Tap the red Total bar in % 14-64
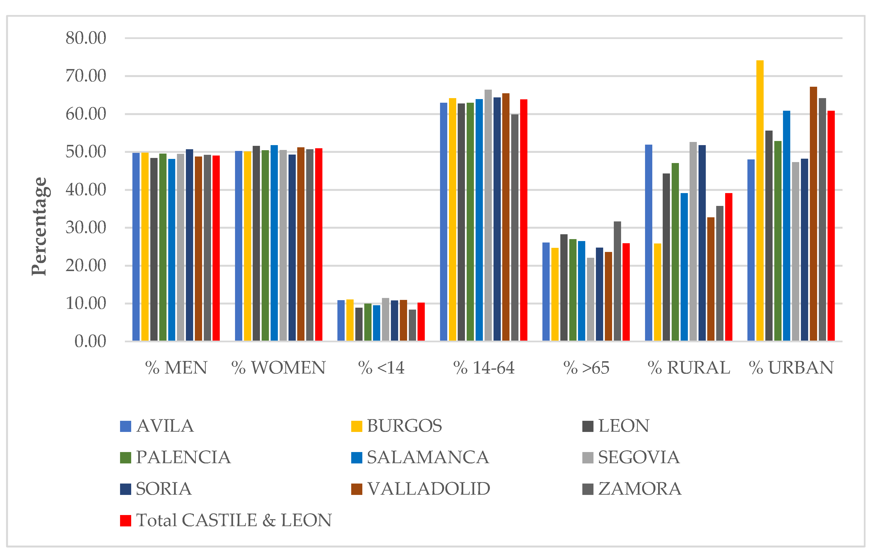[523, 220]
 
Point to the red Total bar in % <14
[421, 321]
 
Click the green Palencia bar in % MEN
[163, 247]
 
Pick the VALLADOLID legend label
[428, 489]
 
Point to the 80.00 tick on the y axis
[86, 38]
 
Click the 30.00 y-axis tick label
[86, 228]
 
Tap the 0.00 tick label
[90, 341]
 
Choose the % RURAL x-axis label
[689, 367]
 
